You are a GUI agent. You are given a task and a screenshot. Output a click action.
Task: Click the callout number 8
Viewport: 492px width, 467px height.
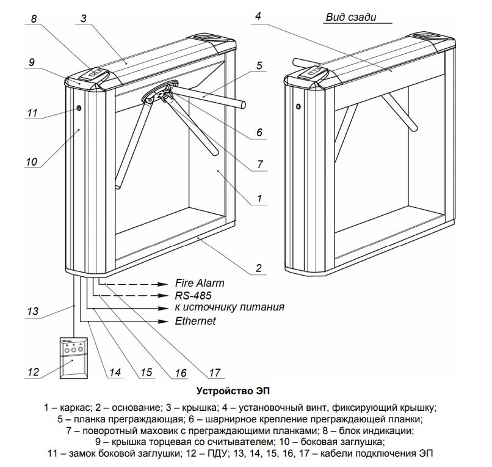tap(34, 19)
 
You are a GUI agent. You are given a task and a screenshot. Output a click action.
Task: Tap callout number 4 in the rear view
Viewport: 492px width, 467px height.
tap(258, 17)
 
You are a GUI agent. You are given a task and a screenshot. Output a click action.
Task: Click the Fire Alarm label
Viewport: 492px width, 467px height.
tap(200, 283)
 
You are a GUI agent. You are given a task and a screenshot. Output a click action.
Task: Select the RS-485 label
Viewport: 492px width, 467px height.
tap(193, 295)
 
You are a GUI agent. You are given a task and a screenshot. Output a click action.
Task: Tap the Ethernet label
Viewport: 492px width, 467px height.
tap(195, 321)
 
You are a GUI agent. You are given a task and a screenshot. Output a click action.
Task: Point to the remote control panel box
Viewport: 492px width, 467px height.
tap(73, 359)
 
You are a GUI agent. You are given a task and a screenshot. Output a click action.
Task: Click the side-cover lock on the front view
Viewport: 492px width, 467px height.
tap(79, 108)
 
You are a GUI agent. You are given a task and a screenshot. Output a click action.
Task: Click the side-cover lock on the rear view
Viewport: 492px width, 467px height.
tap(298, 107)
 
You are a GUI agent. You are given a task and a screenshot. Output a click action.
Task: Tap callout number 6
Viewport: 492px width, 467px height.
tap(259, 131)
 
